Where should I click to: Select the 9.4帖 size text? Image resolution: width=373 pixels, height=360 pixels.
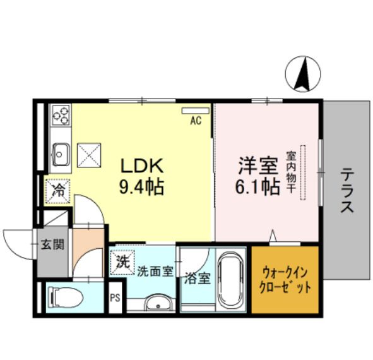[x=142, y=187]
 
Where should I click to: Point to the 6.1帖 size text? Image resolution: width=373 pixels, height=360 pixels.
[x=258, y=188]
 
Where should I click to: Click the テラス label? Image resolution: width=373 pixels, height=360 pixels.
[x=346, y=189]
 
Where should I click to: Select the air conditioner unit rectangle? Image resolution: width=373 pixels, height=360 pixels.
[x=194, y=111]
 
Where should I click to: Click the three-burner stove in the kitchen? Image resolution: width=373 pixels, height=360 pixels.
[x=61, y=115]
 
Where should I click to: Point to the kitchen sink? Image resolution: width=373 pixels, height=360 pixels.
[x=61, y=152]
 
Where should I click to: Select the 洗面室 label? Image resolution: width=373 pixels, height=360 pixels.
[x=155, y=272]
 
